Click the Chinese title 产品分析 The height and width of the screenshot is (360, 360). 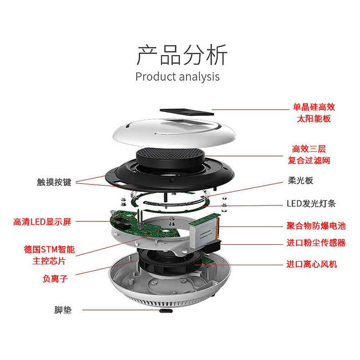(x=181, y=56)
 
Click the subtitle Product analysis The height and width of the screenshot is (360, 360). (x=177, y=76)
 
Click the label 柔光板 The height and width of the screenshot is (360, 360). (x=300, y=180)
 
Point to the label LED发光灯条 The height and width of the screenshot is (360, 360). (x=311, y=203)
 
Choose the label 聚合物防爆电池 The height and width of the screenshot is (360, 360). (x=316, y=226)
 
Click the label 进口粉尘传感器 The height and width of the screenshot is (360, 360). (x=316, y=243)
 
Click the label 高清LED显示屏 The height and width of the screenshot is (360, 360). (x=42, y=222)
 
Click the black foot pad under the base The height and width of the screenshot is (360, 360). (x=166, y=312)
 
